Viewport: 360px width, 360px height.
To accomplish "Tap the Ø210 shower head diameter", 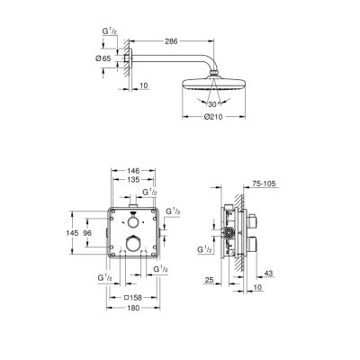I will (x=214, y=115).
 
